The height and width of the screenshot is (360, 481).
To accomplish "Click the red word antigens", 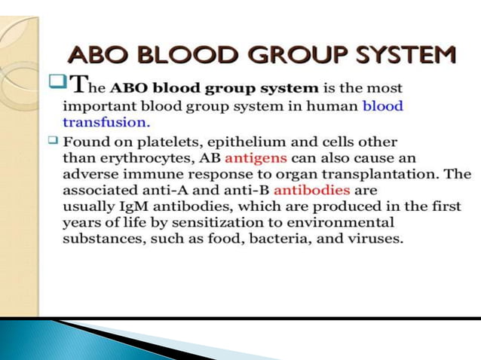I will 256,157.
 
